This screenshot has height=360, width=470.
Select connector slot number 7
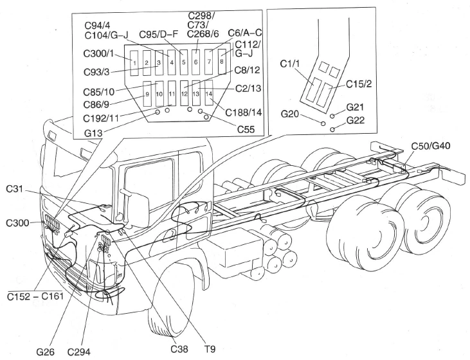point(209,62)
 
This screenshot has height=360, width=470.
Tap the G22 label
point(357,120)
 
